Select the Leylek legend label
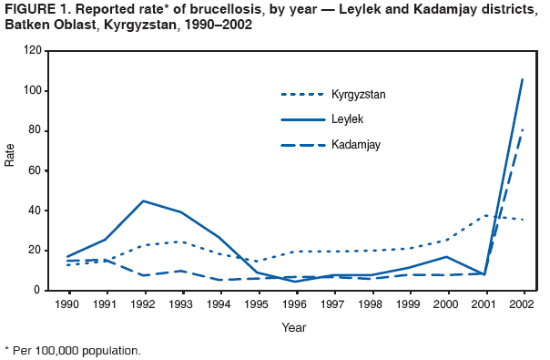coord(346,118)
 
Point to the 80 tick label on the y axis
coord(34,130)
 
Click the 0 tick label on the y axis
coord(37,290)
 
